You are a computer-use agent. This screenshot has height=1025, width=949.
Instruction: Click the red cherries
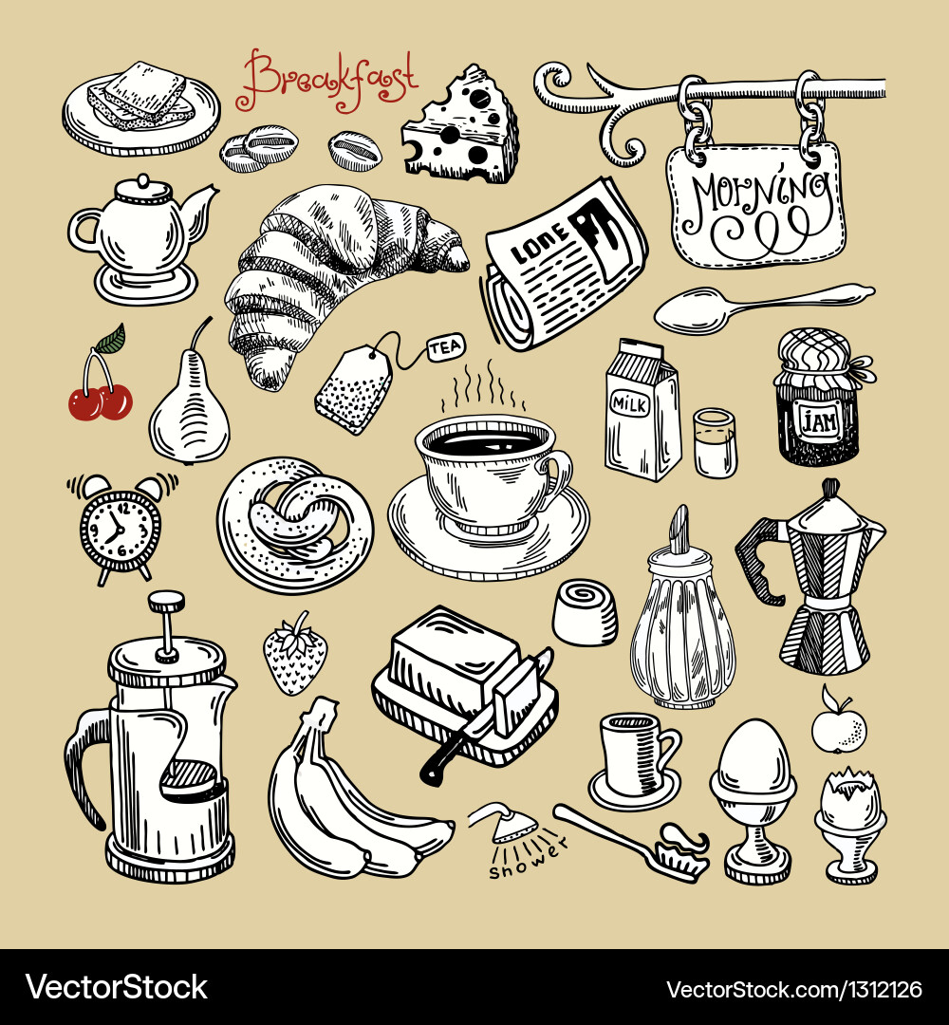coord(101,400)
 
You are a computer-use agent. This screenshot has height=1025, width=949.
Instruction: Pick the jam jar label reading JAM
coord(816,419)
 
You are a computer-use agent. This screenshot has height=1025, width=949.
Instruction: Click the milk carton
coord(642,410)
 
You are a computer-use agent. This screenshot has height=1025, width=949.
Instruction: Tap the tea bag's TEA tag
coord(444,348)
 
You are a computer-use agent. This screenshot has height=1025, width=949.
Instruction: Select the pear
coord(189,409)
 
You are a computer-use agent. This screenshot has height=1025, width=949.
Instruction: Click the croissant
coord(323,270)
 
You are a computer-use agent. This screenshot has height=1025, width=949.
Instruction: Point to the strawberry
coord(294,655)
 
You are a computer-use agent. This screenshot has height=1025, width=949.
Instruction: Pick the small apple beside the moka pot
coord(839,728)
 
